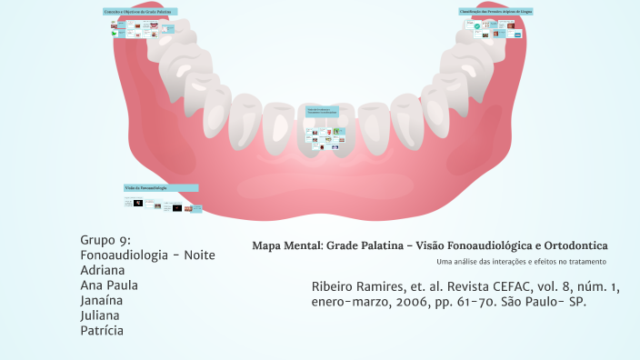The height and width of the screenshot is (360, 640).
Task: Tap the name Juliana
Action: pyautogui.click(x=102, y=315)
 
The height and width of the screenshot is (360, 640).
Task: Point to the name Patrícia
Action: pyautogui.click(x=102, y=330)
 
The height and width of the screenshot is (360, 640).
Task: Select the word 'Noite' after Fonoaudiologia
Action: pyautogui.click(x=199, y=255)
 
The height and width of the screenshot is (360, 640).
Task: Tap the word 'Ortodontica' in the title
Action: pyautogui.click(x=575, y=245)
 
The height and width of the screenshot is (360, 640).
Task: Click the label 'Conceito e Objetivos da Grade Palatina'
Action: pyautogui.click(x=139, y=12)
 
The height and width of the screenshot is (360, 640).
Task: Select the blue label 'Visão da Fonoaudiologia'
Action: pyautogui.click(x=160, y=188)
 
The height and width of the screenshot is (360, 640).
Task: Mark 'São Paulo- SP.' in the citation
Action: pyautogui.click(x=544, y=301)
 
